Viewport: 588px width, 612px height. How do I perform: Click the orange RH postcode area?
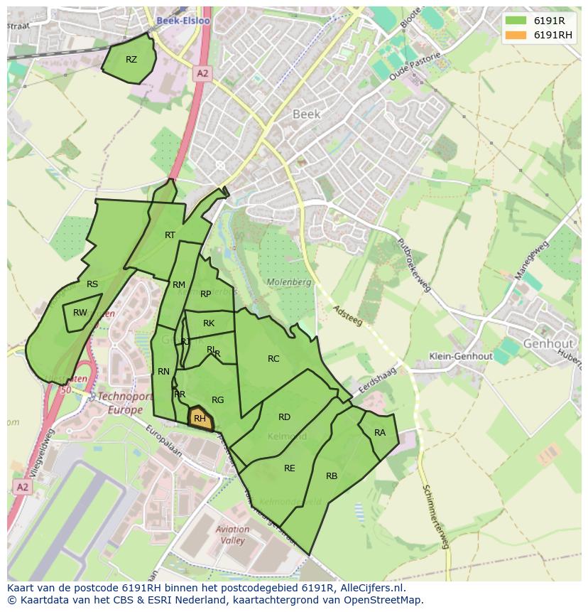click(200, 418)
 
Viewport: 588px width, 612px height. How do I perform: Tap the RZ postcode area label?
click(131, 60)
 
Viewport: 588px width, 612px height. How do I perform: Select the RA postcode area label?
click(380, 433)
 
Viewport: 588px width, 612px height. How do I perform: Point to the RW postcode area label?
click(80, 313)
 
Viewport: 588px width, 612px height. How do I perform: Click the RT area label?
click(170, 235)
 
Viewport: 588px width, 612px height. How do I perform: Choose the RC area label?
click(273, 359)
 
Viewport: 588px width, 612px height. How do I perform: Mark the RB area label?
click(332, 476)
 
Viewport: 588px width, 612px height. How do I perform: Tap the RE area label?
click(289, 468)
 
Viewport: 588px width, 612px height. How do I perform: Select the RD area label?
click(284, 417)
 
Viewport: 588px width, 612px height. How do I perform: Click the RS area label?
click(92, 284)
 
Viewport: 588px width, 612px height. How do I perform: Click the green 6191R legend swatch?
click(517, 21)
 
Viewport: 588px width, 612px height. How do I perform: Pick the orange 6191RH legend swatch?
click(517, 35)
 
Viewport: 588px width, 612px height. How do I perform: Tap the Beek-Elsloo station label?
click(183, 21)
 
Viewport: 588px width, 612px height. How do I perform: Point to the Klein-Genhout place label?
click(460, 356)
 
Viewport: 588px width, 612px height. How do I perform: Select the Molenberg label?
click(289, 282)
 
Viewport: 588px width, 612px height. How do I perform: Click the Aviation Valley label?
click(232, 535)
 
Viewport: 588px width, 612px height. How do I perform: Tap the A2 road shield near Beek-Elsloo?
click(202, 73)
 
